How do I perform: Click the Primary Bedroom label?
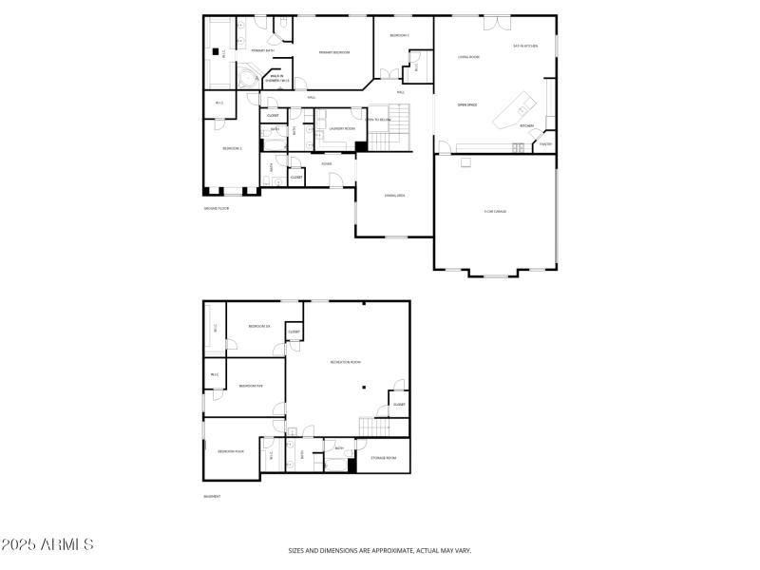[x=332, y=51]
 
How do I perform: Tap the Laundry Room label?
[x=342, y=128]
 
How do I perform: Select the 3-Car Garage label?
[x=495, y=211]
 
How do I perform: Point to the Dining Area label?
[x=395, y=196]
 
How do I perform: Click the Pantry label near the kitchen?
[x=545, y=144]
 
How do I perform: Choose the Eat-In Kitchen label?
[x=525, y=46]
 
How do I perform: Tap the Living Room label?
[x=468, y=57]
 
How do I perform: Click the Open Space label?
[x=467, y=104]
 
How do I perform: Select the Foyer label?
[x=326, y=163]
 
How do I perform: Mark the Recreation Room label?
[x=345, y=362]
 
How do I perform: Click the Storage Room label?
[x=383, y=457]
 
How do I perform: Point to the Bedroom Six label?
[x=259, y=326]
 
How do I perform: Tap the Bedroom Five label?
[x=251, y=386]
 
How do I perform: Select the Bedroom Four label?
[x=231, y=451]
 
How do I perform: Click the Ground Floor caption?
[x=217, y=208]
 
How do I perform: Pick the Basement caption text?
[x=212, y=496]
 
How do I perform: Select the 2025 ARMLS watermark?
[x=47, y=545]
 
